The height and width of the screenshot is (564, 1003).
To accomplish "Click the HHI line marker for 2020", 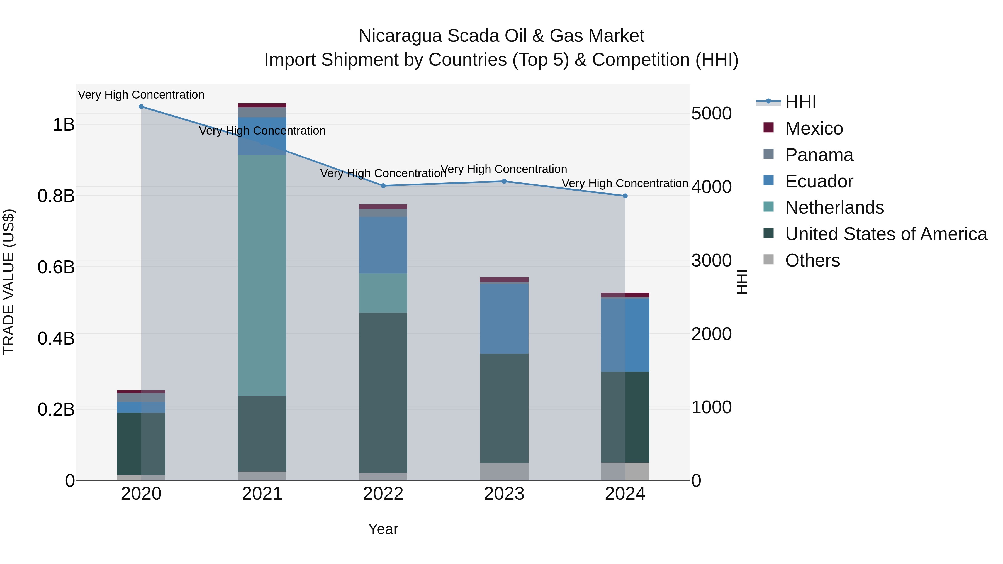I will coord(141,107).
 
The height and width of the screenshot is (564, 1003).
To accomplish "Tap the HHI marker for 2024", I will coord(625,196).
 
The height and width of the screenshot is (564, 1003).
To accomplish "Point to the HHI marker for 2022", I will coord(383,186).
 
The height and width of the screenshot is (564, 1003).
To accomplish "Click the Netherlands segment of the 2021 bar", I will coord(262,275).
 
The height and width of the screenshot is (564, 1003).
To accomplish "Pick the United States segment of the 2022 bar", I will coord(383,392).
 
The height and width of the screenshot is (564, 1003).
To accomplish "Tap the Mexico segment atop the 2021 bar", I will coord(262,105).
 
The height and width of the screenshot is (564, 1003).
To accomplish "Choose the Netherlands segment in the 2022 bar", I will coord(383,293).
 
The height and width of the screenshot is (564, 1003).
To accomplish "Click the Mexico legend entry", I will coord(814,128).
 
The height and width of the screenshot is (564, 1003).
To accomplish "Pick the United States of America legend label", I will coord(886,234).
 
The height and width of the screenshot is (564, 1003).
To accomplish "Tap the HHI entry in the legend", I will coord(800,102).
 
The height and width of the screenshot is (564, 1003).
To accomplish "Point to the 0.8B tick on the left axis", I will coord(56,196).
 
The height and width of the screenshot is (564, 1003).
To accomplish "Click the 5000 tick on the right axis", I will coord(711,114).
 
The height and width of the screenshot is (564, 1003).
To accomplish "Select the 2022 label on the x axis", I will coord(383,494).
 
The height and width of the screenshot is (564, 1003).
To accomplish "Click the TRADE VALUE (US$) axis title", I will coord(9,282).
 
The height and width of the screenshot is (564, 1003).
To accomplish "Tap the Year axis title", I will coord(383,529).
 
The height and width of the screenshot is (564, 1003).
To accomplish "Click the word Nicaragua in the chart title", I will coord(400,36).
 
